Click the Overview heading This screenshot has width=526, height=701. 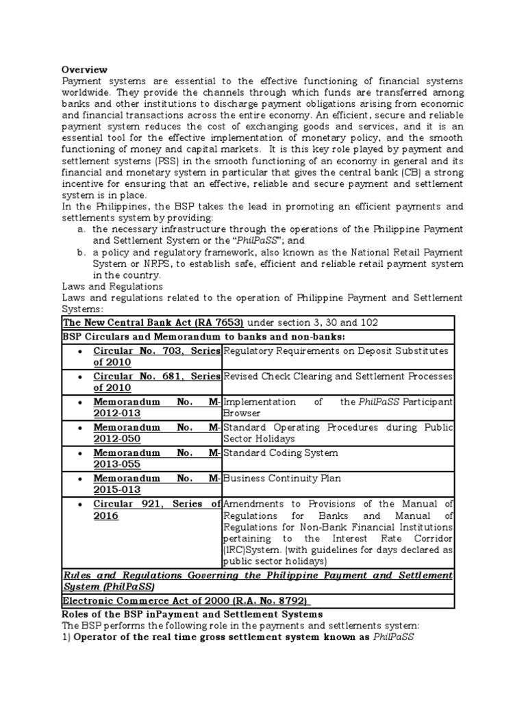(85, 69)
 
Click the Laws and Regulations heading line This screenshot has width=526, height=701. (112, 286)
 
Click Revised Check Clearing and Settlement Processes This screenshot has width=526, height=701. (338, 377)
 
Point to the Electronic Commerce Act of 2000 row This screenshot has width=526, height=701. (186, 601)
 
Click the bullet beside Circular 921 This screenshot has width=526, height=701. (82, 505)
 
